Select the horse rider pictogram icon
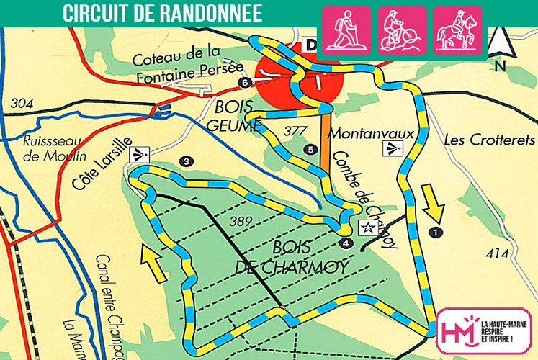click(x=458, y=30)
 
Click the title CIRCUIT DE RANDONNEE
click(x=162, y=13)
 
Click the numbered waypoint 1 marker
click(x=434, y=231)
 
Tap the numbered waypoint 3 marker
click(x=187, y=161)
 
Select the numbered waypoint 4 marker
click(x=346, y=243)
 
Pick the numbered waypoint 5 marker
click(x=310, y=150)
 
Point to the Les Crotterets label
click(x=482, y=139)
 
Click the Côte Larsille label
click(x=102, y=163)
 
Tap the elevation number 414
click(x=498, y=253)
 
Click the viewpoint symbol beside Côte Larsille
click(x=138, y=153)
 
